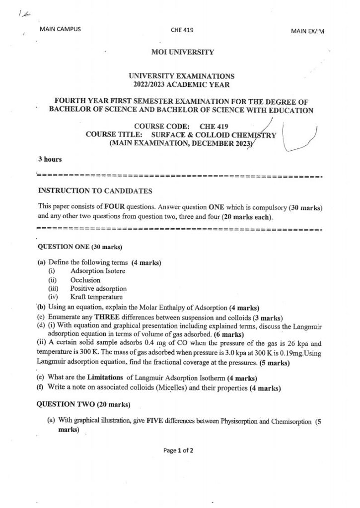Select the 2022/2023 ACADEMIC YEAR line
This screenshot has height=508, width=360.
coord(181,85)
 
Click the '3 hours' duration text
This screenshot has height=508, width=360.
coord(50,159)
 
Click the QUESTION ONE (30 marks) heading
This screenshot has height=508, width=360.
coord(80,247)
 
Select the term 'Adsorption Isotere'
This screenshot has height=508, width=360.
coord(98,271)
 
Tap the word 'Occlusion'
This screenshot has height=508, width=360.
coord(85,280)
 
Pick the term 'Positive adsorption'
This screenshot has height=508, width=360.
coord(98,288)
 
